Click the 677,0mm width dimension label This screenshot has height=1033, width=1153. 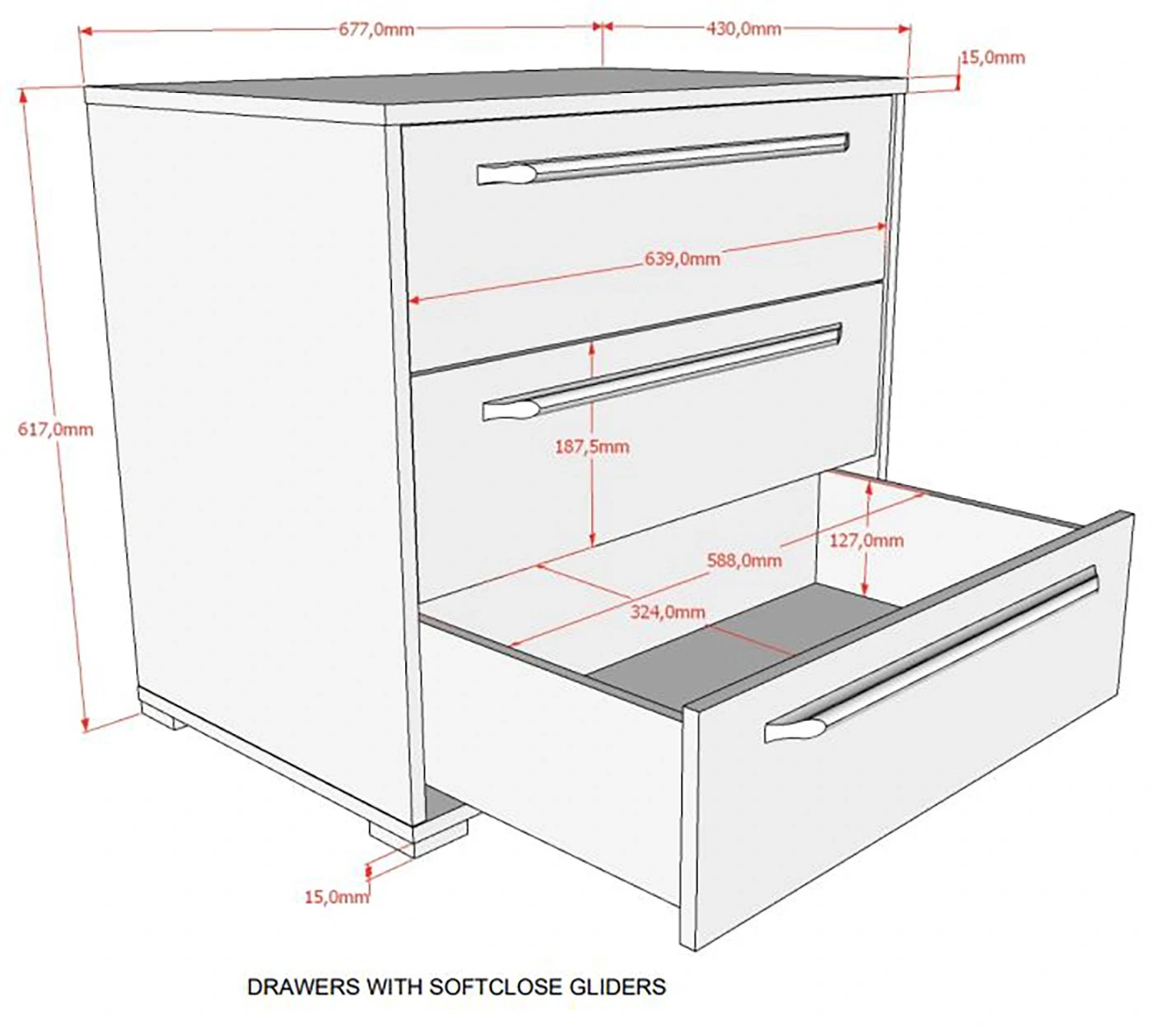(376, 30)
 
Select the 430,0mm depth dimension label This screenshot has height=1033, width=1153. (744, 29)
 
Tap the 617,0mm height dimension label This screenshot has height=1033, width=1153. (55, 429)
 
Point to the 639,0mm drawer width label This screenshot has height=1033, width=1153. (682, 258)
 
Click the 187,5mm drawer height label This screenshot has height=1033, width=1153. (592, 446)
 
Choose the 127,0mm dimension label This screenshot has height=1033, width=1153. (866, 540)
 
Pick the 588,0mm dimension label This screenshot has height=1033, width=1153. (745, 561)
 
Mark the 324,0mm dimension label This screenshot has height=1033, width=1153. (668, 612)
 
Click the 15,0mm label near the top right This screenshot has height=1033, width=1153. (993, 58)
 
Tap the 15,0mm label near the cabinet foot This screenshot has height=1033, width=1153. (337, 897)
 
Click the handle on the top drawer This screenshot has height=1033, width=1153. (663, 159)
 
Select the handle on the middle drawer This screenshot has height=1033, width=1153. (662, 372)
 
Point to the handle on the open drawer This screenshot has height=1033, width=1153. (931, 654)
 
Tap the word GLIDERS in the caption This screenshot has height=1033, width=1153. (618, 986)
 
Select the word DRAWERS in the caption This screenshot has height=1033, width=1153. (303, 986)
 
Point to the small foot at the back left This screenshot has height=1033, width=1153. (163, 716)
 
